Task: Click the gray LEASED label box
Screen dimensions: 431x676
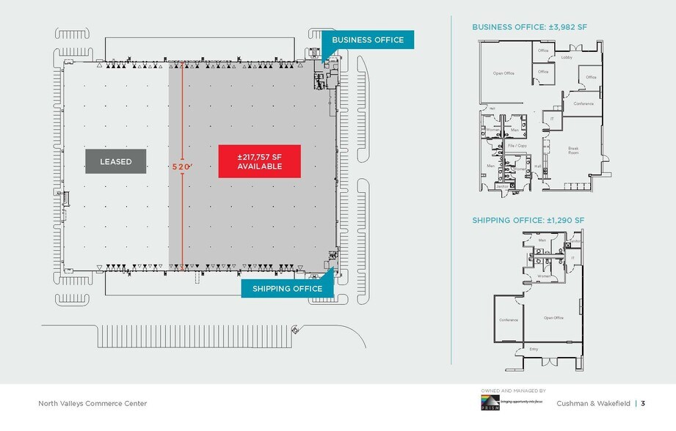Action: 116,161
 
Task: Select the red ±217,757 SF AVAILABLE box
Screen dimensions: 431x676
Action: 260,161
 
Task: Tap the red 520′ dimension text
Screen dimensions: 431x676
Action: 181,167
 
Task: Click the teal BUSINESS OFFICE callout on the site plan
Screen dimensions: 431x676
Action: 368,40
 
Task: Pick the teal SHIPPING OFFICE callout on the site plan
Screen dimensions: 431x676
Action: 287,289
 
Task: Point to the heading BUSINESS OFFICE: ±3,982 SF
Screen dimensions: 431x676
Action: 529,27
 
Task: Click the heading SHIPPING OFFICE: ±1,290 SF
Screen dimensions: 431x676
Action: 528,220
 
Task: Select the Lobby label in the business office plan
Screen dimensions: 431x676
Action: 567,56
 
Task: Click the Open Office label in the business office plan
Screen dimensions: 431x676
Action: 504,73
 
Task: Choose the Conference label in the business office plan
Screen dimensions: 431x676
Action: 584,103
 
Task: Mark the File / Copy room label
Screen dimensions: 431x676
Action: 517,146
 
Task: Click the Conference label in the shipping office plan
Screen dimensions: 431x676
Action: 509,320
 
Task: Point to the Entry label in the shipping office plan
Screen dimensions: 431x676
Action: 534,349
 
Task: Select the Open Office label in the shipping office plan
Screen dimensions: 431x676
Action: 553,317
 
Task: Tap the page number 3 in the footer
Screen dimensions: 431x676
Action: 643,403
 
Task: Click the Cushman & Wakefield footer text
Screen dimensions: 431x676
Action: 593,403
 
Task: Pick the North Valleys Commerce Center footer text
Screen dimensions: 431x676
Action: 92,403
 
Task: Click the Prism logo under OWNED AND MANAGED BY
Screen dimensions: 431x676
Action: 490,404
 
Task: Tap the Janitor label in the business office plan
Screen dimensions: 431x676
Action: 501,186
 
